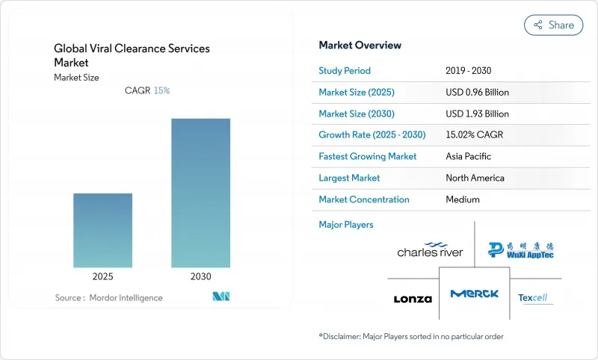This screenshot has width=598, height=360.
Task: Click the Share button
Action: coord(553,25)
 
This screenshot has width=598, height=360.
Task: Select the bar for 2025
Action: coord(102,230)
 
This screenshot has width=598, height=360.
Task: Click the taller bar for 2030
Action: coord(200,193)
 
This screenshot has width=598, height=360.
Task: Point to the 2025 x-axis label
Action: coord(102,276)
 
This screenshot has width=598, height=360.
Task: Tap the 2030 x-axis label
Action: coord(200,276)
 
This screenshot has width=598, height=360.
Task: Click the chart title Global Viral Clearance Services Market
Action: coord(132,55)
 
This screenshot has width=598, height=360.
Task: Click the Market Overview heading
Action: coord(360,46)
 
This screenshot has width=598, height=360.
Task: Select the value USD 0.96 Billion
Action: coord(476,93)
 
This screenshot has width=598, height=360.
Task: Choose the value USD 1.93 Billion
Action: coord(476,114)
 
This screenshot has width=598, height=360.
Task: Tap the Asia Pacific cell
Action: coord(469,157)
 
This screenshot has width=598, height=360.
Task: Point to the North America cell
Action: coord(474,178)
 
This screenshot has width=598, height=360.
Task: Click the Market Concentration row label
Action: coord(364,199)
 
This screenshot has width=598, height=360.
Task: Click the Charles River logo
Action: coord(430,249)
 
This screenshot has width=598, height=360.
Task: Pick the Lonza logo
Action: coord(413,299)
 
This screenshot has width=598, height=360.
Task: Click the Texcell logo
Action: coord(533,298)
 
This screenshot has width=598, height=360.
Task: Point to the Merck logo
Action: coord(474,294)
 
